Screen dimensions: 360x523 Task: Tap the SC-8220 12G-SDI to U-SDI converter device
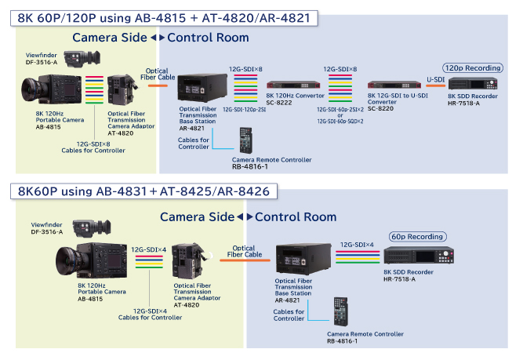coord(394,85)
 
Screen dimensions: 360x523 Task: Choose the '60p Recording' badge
coord(417,236)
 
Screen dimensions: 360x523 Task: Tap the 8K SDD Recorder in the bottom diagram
coord(419,256)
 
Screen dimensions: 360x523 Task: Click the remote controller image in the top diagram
coord(246,141)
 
